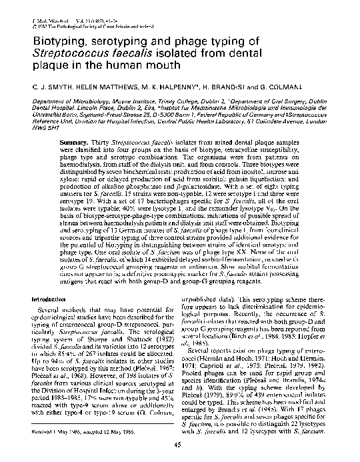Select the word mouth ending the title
coord(164,65)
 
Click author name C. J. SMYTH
coord(39,87)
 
